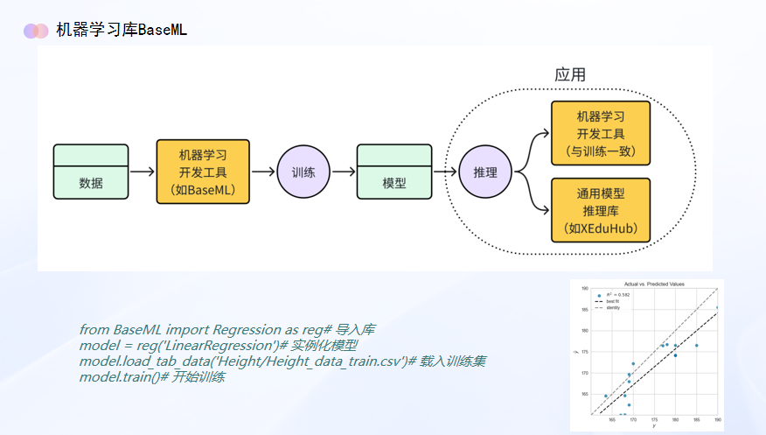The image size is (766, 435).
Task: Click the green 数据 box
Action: tap(91, 172)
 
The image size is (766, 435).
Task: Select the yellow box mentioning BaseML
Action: tap(202, 172)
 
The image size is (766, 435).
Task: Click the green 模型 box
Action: tap(394, 172)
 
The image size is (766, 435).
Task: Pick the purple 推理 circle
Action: tap(485, 172)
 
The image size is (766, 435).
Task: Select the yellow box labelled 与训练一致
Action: tap(600, 132)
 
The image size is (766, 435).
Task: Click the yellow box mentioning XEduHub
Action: tap(600, 210)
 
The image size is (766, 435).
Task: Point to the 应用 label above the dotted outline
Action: tap(570, 75)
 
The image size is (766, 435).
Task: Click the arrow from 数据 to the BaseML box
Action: tap(143, 172)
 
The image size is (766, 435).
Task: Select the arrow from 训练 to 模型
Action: tap(343, 172)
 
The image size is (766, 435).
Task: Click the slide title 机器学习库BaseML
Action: tap(122, 30)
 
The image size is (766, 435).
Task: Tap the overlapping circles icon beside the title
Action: tap(36, 31)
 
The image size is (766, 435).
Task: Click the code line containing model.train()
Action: tap(152, 377)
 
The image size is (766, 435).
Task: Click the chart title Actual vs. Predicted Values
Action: tap(653, 284)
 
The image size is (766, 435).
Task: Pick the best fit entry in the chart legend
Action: tap(611, 301)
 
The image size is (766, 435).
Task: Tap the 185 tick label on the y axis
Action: tap(585, 310)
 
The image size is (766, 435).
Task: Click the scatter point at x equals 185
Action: tap(697, 346)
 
